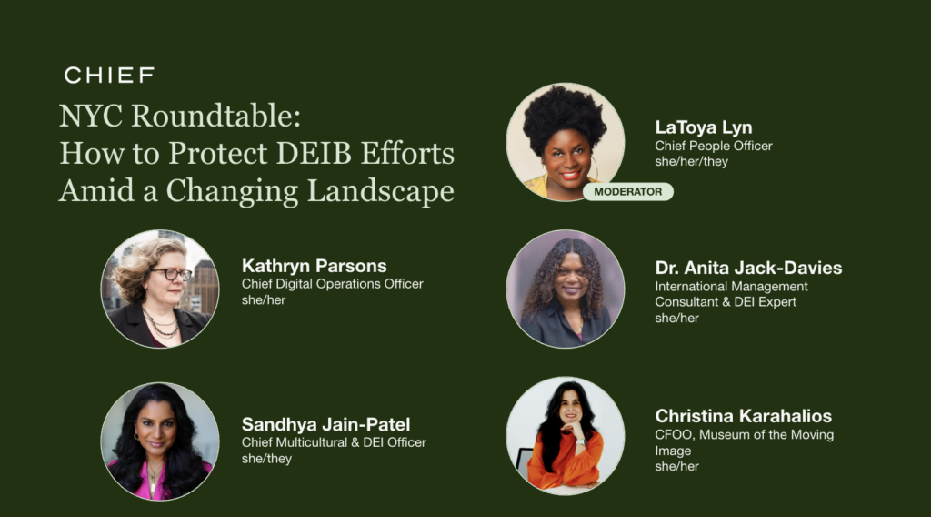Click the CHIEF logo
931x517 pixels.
click(x=109, y=75)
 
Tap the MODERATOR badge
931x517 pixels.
click(x=627, y=191)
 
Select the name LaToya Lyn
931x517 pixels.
click(x=703, y=127)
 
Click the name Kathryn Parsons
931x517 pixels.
click(x=314, y=267)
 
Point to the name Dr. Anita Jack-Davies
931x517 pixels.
click(x=748, y=269)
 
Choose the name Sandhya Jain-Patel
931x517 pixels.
click(x=325, y=425)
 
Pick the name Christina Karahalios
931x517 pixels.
click(x=743, y=417)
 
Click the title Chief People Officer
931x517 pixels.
click(x=714, y=146)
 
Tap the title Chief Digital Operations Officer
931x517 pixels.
click(x=332, y=284)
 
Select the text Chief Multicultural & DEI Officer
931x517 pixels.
click(x=334, y=442)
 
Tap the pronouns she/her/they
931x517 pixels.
click(x=691, y=162)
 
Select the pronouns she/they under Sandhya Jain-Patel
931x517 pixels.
click(x=266, y=459)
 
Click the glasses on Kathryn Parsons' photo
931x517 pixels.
click(x=172, y=274)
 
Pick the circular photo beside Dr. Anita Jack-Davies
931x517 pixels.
click(x=565, y=289)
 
